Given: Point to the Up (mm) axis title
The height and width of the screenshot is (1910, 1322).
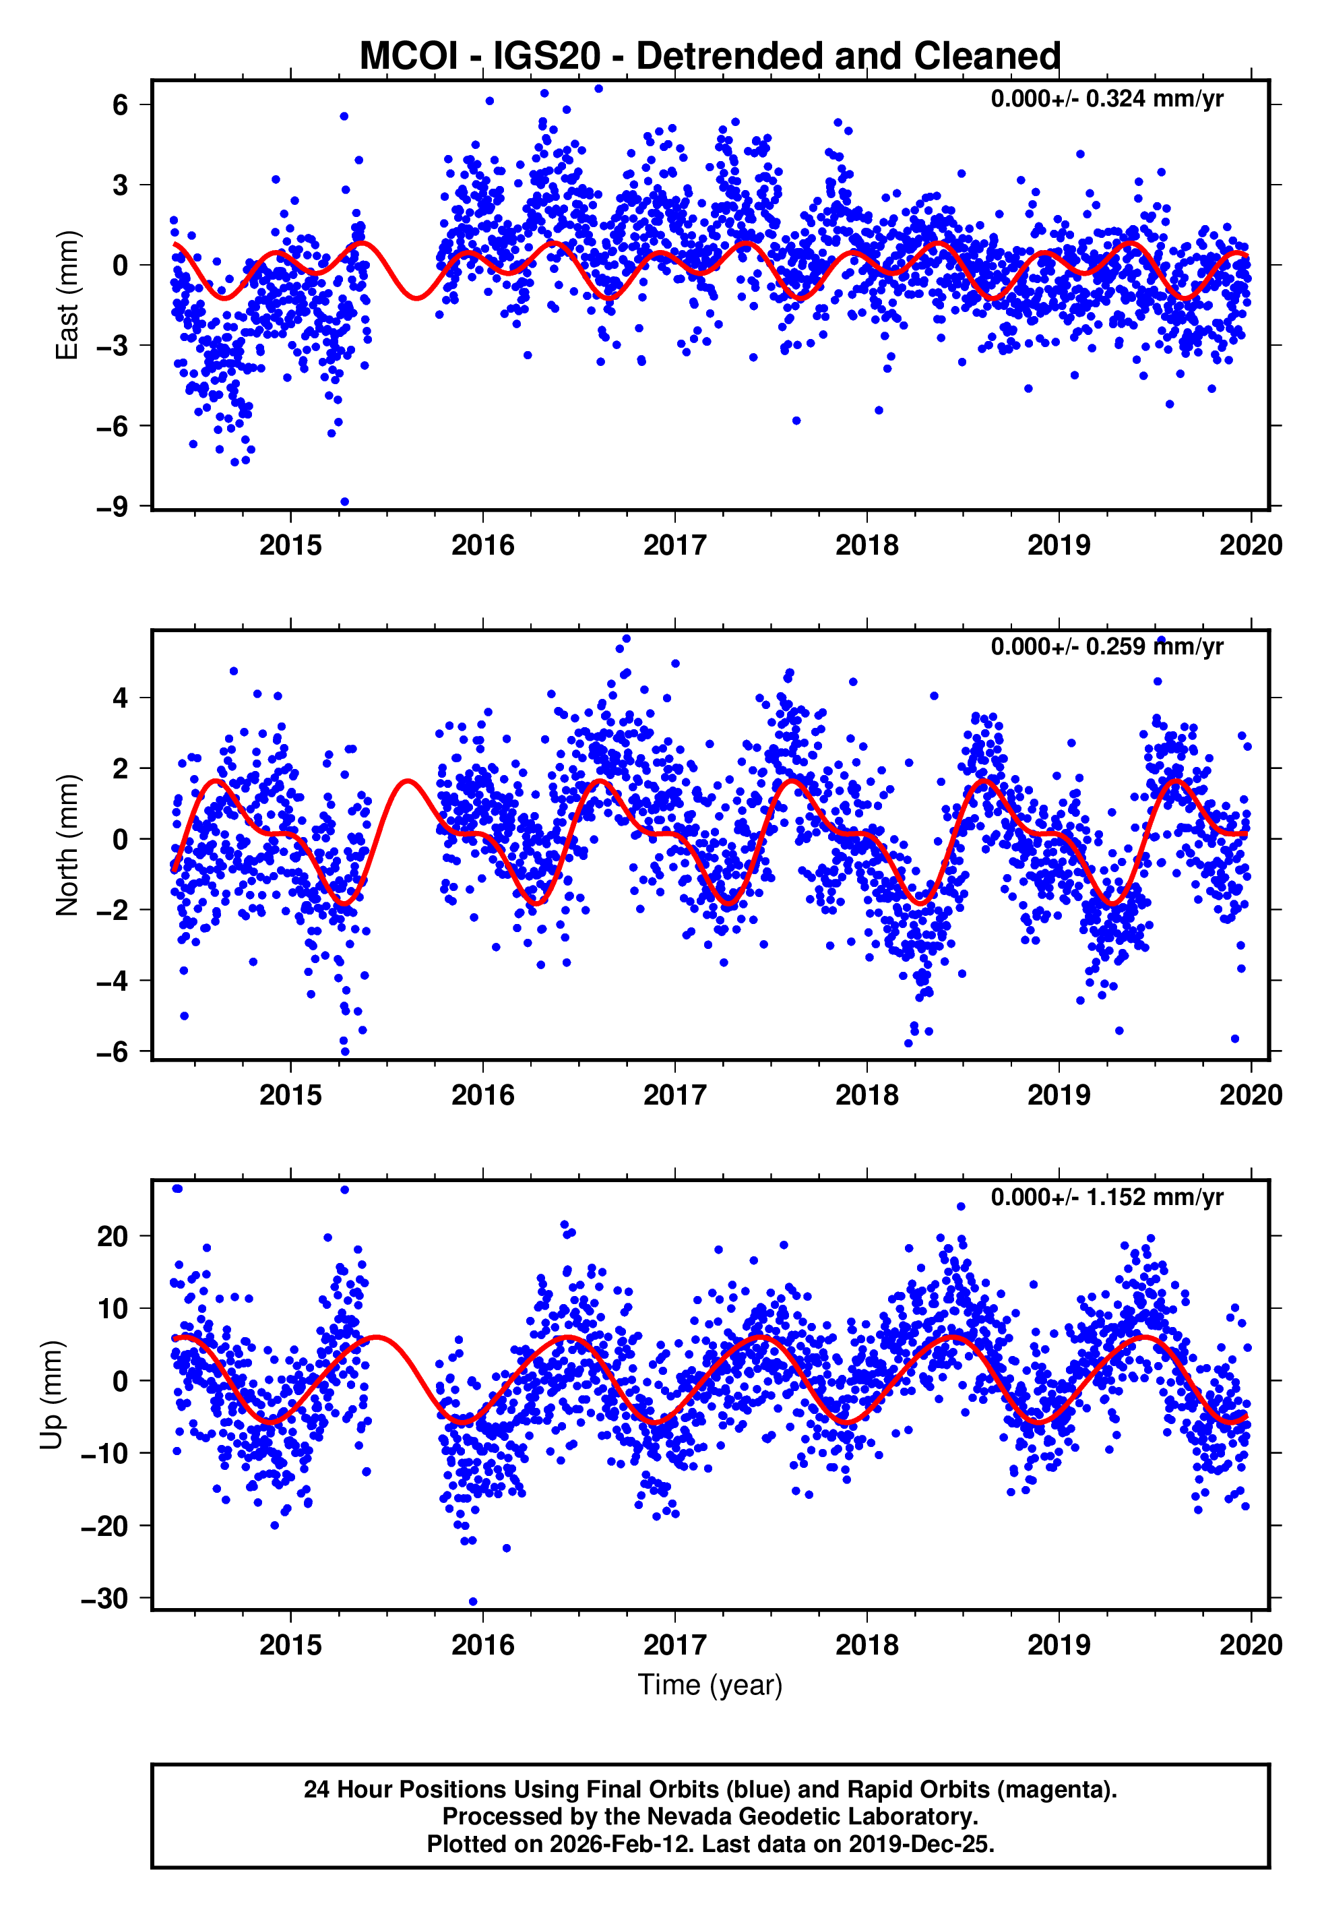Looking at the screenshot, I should tap(51, 1395).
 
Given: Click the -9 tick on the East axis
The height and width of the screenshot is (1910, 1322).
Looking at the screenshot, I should tap(112, 506).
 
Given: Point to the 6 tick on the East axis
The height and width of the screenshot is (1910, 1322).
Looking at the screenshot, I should tap(121, 104).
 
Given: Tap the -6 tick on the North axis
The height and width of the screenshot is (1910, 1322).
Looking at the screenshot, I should tap(112, 1052).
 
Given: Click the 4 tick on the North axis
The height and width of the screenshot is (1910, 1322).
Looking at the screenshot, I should tap(121, 698).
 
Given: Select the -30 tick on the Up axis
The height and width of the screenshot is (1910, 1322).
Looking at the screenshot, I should tap(104, 1599).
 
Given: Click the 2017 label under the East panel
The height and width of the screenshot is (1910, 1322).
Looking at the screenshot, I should tap(674, 545).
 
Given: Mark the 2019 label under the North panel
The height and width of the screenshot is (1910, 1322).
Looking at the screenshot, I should tap(1059, 1095).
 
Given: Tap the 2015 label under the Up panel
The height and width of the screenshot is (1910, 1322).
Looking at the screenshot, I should tap(290, 1645).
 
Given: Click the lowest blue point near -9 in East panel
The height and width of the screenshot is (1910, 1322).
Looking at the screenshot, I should tap(344, 502).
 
